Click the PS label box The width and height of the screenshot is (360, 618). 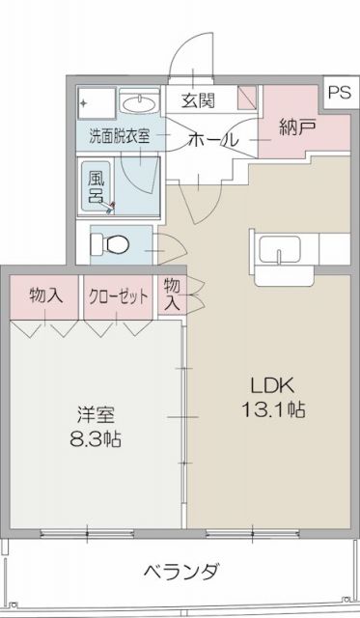click(x=338, y=93)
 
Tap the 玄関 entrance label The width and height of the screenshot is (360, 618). click(x=197, y=99)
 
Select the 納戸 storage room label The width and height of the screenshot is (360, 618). click(x=296, y=126)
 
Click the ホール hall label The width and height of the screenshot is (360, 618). click(x=212, y=139)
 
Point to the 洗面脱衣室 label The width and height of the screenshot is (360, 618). click(x=120, y=136)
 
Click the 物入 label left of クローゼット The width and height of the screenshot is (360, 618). click(x=46, y=296)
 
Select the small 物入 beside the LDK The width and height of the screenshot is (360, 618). click(x=171, y=294)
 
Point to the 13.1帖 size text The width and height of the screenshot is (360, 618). click(x=273, y=409)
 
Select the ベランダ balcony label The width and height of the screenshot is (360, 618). click(x=181, y=570)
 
